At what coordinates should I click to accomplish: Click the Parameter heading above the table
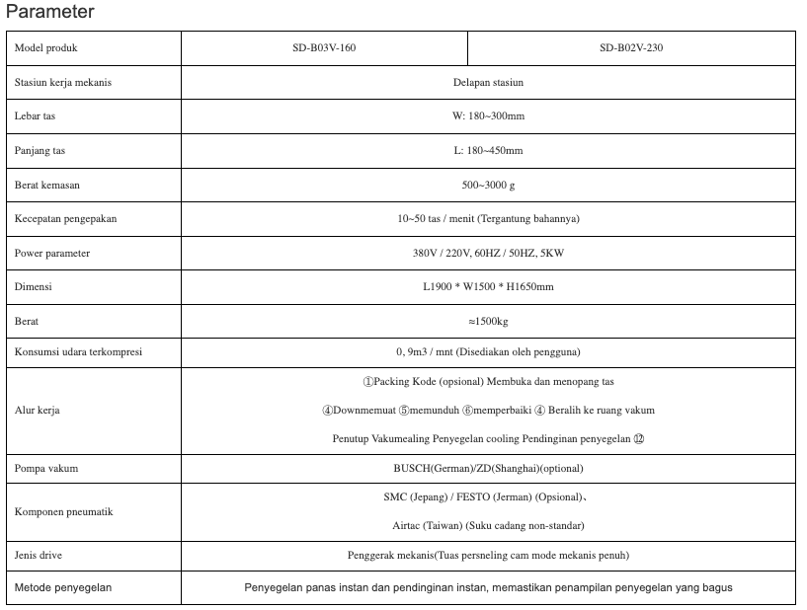pyautogui.click(x=49, y=12)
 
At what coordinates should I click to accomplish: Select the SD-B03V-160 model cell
pyautogui.click(x=324, y=47)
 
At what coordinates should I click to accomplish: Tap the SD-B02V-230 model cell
pyautogui.click(x=630, y=47)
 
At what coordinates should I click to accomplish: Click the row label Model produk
pyautogui.click(x=46, y=47)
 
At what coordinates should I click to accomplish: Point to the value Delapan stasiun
pyautogui.click(x=488, y=82)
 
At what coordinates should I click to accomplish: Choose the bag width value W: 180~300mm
pyautogui.click(x=488, y=116)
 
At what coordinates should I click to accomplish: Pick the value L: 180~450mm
pyautogui.click(x=488, y=150)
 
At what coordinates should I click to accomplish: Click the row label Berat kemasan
pyautogui.click(x=47, y=185)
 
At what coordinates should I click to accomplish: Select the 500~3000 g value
pyautogui.click(x=488, y=185)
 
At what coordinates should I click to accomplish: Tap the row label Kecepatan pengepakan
pyautogui.click(x=65, y=219)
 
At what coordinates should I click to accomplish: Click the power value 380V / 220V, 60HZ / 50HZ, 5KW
pyautogui.click(x=488, y=253)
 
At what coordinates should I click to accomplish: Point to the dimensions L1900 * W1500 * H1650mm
pyautogui.click(x=488, y=287)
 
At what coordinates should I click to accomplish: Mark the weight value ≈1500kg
pyautogui.click(x=488, y=322)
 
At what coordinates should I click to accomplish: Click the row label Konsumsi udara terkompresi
pyautogui.click(x=78, y=352)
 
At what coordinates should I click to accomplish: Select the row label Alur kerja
pyautogui.click(x=38, y=410)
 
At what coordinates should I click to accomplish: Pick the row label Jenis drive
pyautogui.click(x=40, y=556)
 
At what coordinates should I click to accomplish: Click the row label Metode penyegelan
pyautogui.click(x=63, y=587)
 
